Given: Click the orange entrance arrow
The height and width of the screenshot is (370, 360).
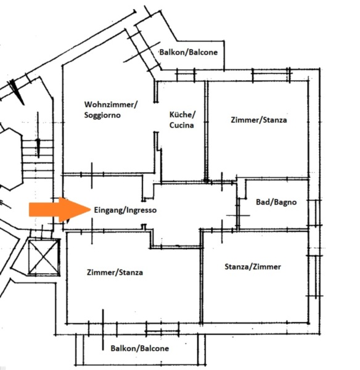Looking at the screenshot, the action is [x=59, y=210].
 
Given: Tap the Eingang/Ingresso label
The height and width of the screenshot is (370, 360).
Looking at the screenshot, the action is [x=125, y=210].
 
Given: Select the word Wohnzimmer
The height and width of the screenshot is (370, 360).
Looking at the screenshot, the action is [x=110, y=104].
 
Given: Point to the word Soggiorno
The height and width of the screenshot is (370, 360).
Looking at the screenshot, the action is [x=102, y=115].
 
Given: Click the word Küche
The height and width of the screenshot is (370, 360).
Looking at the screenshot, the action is [x=181, y=115].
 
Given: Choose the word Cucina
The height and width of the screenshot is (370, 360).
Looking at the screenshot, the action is [x=182, y=125].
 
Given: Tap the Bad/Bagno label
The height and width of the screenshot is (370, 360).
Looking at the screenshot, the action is [x=276, y=202].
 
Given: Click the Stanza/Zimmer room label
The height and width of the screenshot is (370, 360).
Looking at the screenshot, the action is [x=253, y=266].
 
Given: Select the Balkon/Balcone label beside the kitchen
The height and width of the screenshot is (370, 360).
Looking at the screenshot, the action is [x=189, y=52].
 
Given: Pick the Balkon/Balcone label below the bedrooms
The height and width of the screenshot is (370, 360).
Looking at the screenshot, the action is [x=140, y=348].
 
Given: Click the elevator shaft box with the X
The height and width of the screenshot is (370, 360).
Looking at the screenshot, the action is [x=44, y=257].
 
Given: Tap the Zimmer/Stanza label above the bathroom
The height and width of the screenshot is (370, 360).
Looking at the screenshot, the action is [x=259, y=120].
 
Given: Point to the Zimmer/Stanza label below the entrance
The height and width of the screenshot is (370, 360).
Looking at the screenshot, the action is [x=115, y=273].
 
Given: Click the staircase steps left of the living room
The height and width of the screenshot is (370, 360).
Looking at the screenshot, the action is [x=37, y=159].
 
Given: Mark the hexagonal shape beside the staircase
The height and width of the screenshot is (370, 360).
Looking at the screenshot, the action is [x=10, y=159].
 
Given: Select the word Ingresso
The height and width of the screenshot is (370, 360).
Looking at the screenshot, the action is [x=141, y=210].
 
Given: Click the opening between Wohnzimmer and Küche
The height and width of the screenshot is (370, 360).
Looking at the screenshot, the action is [x=155, y=117].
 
